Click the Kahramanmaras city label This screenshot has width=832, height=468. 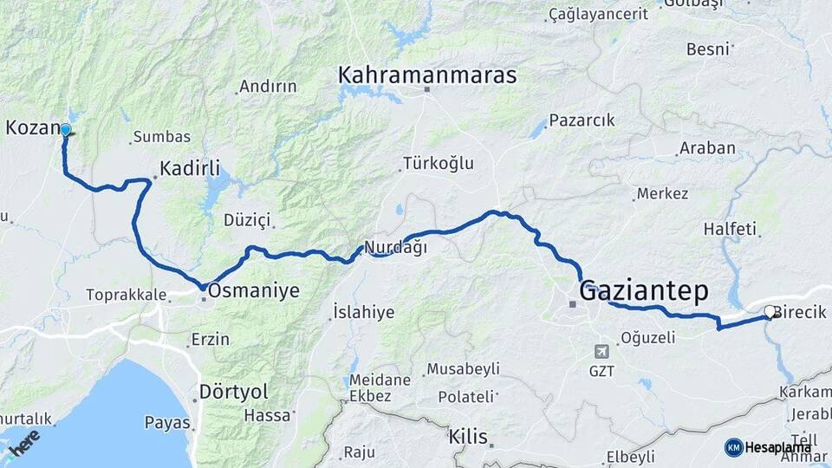(427, 75)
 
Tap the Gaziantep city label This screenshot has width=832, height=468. (643, 289)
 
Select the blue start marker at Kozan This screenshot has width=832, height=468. (65, 130)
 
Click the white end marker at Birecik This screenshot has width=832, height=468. (769, 310)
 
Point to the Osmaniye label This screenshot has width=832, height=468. (254, 291)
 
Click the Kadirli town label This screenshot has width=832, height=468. (190, 168)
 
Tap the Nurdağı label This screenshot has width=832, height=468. (395, 247)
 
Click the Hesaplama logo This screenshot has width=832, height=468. (768, 447)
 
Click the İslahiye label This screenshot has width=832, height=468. (364, 312)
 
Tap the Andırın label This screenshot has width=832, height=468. (268, 87)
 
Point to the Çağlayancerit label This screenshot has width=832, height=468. (598, 14)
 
